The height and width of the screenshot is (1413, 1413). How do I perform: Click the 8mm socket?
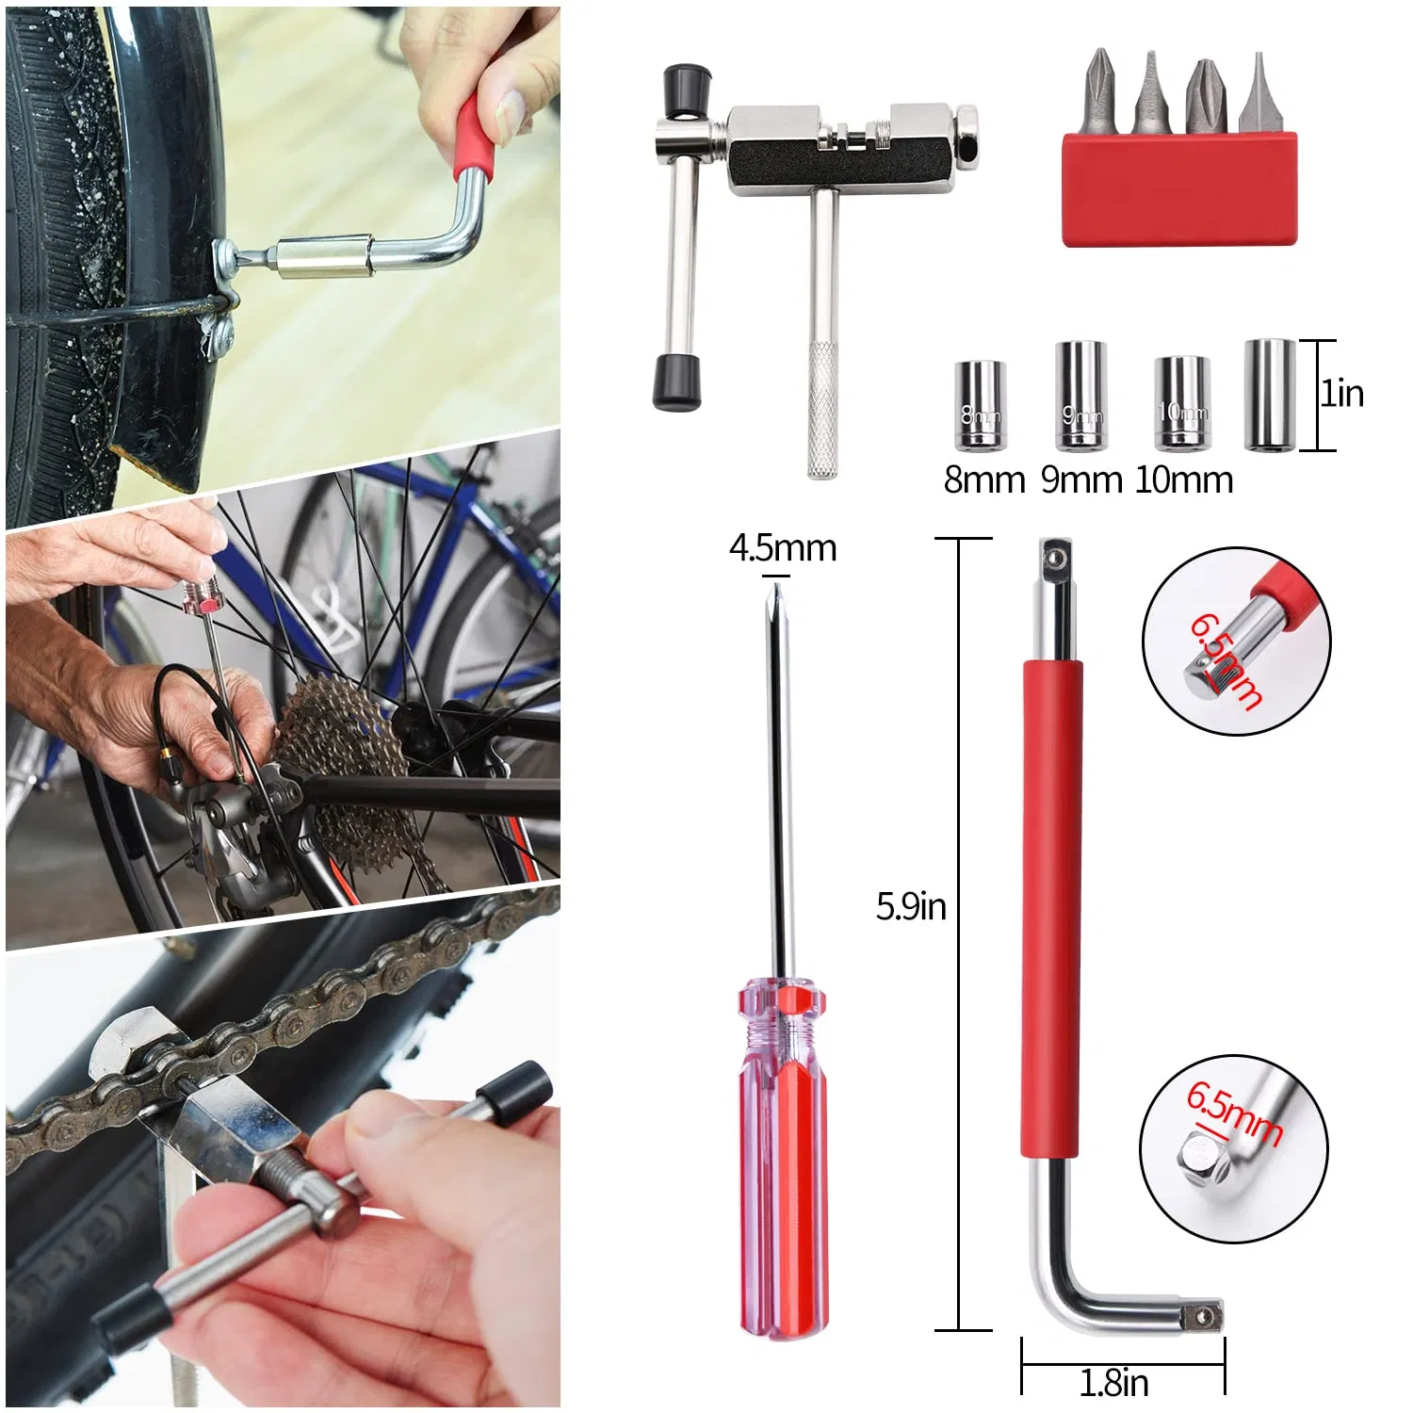(x=980, y=405)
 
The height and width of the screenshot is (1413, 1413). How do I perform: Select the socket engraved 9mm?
(x=1080, y=396)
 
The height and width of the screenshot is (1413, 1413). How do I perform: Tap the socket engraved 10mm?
(x=1181, y=402)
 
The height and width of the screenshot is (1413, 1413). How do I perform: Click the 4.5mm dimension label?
(x=782, y=548)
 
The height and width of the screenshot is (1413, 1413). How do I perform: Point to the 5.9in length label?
(x=910, y=906)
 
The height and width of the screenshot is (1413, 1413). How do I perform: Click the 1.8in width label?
(x=1113, y=1383)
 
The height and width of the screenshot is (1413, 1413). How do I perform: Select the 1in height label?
(x=1342, y=394)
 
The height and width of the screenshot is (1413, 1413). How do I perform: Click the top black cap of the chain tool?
(x=686, y=89)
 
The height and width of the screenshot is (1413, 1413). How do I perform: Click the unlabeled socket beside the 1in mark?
(x=1269, y=396)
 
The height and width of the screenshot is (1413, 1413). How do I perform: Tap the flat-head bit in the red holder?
(x=1258, y=94)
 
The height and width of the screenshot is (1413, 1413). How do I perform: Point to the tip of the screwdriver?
(x=776, y=592)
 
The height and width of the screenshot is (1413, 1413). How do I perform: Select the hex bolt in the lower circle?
(x=1204, y=1159)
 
